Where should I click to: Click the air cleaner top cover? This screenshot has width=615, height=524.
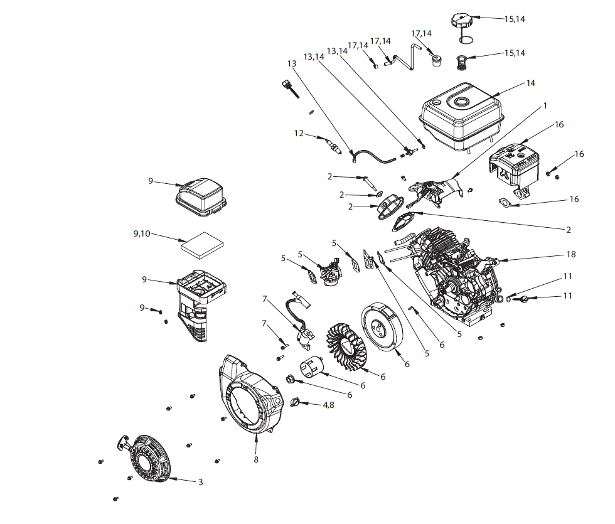[x=200, y=195]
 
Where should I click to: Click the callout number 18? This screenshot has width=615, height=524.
[x=570, y=255]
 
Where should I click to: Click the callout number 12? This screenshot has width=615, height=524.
[x=299, y=133]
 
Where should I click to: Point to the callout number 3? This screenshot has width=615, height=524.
[x=200, y=482]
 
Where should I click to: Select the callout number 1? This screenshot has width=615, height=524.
[x=545, y=105]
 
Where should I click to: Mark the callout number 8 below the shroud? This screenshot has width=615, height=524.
[x=256, y=459]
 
